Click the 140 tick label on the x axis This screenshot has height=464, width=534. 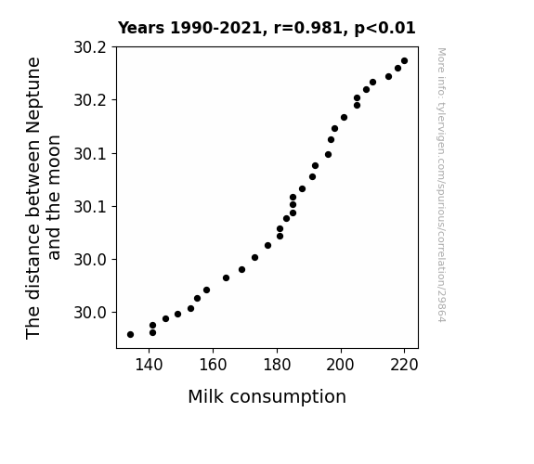pos(149,366)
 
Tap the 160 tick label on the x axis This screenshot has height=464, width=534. pos(213,366)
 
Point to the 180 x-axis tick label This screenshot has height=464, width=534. pos(277,366)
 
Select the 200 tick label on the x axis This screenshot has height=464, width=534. pos(341,366)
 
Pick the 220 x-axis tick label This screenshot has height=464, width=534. pos(404,366)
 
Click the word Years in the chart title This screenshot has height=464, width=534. pos(141,28)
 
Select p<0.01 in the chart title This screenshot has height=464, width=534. pos(384,29)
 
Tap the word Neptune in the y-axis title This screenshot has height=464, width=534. pos(33,96)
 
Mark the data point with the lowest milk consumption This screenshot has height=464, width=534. pos(130,335)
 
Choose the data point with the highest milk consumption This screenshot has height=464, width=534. pos(404,61)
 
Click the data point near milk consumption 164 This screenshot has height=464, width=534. pos(226,278)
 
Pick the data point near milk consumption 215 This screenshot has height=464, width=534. pos(388,77)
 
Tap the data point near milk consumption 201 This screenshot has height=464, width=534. pos(344,118)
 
